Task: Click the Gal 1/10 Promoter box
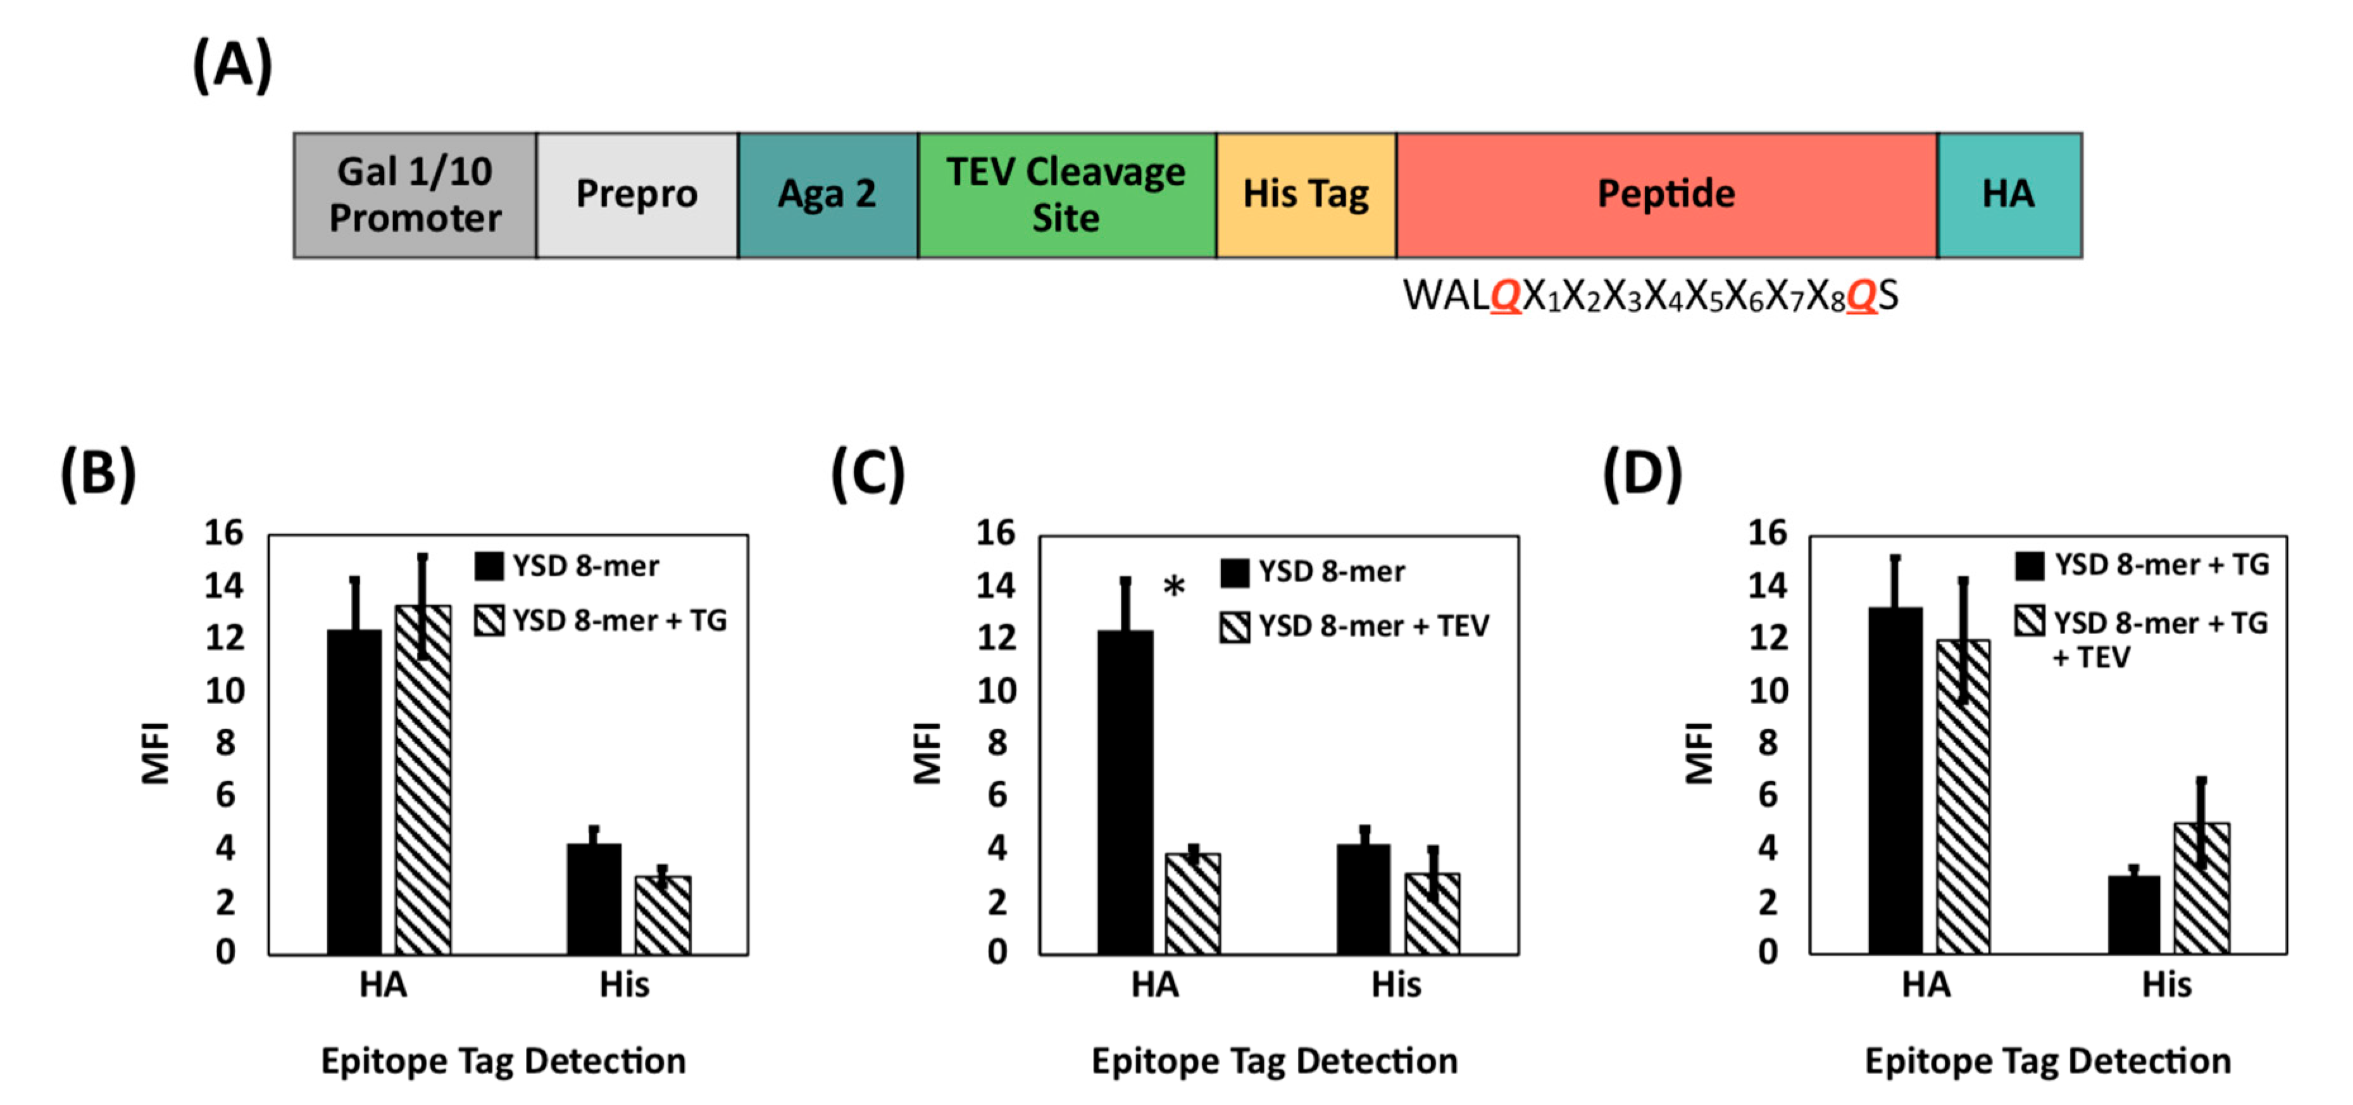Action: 414,194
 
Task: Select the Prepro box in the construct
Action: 637,194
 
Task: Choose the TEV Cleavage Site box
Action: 1066,194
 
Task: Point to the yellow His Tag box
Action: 1306,194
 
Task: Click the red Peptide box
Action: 1666,194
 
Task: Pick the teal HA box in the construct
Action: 2009,194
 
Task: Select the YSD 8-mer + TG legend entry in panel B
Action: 602,621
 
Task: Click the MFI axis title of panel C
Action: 927,752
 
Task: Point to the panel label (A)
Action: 232,66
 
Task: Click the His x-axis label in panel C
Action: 1395,985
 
